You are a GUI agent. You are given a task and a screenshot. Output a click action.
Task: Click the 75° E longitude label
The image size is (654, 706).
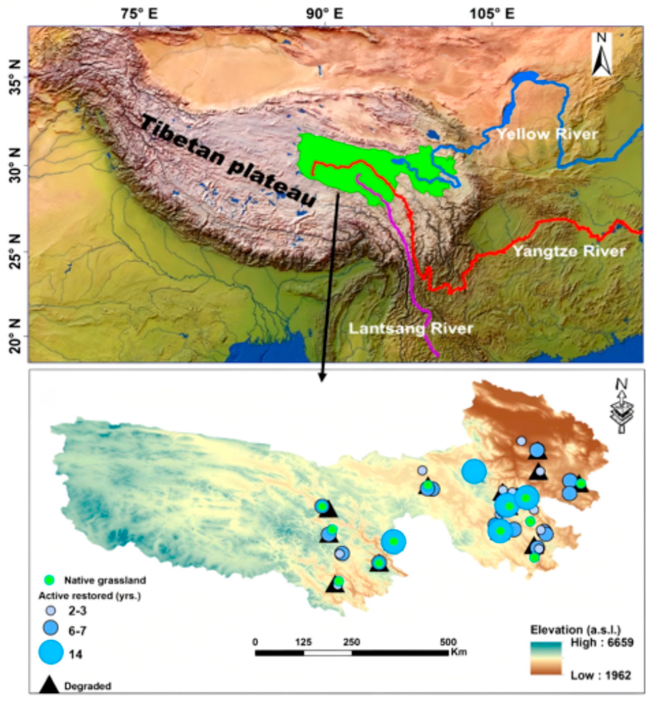139,14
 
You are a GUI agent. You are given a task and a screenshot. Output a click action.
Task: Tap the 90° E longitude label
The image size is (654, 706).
325,14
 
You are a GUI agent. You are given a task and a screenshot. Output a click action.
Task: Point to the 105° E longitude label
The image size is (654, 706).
492,14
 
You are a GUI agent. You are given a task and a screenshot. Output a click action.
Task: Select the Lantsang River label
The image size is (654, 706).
411,329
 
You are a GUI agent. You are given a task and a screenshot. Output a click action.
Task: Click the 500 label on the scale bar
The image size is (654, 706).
448,642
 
